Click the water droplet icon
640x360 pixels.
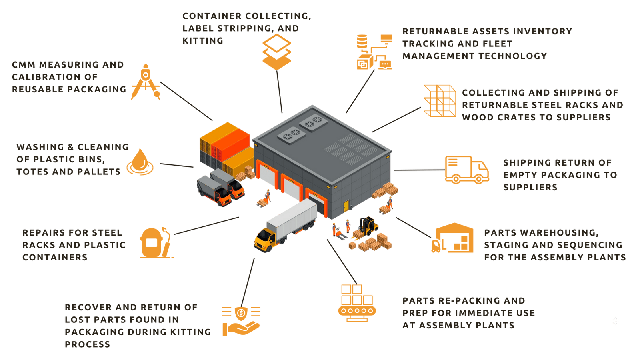[x=140, y=162]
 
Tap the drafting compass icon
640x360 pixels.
[x=146, y=82]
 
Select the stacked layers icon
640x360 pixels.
[x=276, y=51]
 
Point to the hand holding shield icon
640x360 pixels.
[x=241, y=320]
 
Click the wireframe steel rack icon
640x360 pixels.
[x=440, y=101]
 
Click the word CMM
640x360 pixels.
[x=24, y=64]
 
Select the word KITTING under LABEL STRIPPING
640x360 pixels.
[x=202, y=40]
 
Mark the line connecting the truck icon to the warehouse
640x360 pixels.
[x=418, y=170]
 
